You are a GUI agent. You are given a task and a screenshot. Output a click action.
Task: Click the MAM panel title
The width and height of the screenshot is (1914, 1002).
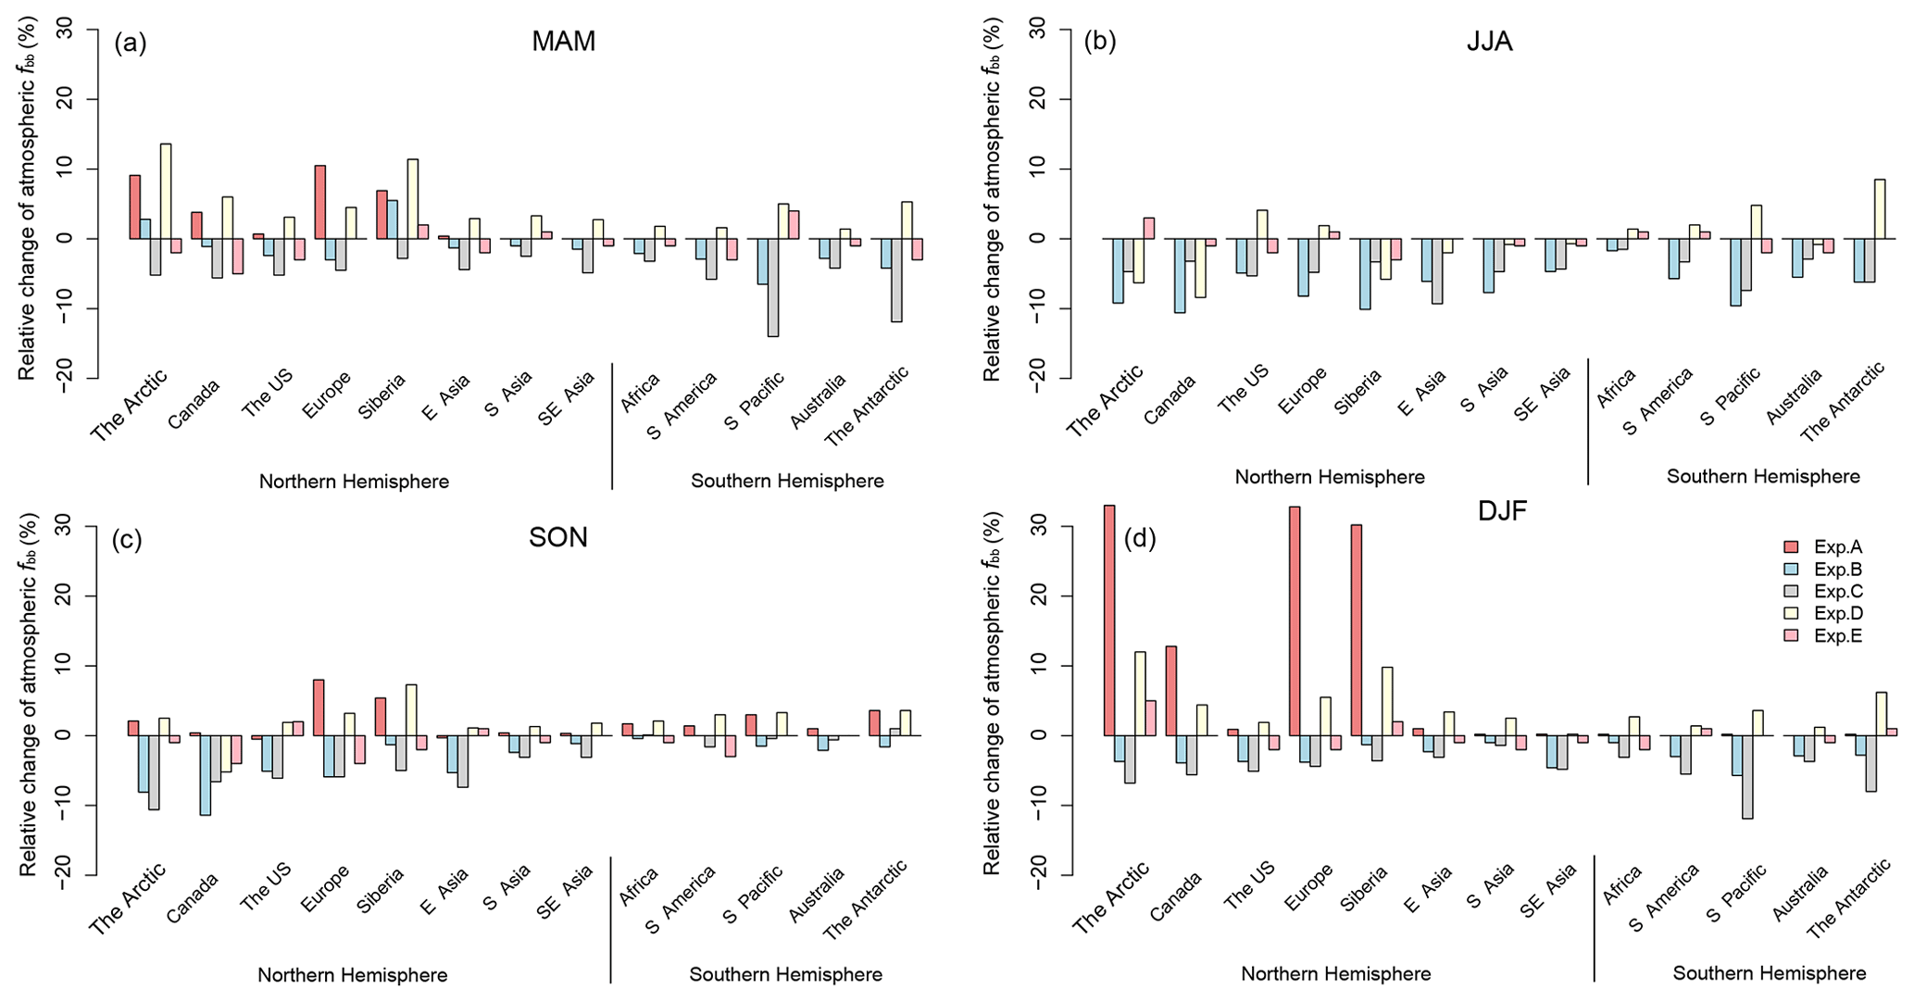563,42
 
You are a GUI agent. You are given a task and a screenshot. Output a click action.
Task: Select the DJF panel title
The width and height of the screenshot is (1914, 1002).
1502,511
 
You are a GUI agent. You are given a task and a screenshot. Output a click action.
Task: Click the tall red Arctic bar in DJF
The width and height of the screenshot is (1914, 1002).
1109,620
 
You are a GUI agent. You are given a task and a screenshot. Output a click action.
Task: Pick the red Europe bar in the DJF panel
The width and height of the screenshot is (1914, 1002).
1295,620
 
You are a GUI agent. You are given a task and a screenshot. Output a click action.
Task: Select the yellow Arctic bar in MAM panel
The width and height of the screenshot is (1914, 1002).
166,191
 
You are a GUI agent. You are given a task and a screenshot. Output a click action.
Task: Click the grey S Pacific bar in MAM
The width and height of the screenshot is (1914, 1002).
773,287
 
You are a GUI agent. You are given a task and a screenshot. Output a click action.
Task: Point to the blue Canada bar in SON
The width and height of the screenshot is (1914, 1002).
205,775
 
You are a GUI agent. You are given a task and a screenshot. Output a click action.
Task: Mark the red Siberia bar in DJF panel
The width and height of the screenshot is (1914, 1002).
1357,630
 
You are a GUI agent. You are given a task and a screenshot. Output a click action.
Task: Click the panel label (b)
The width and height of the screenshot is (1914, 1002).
1100,42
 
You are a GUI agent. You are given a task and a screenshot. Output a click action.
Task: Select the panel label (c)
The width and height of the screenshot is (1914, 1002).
127,540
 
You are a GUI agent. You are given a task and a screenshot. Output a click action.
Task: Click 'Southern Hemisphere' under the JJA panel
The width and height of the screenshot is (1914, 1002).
1763,477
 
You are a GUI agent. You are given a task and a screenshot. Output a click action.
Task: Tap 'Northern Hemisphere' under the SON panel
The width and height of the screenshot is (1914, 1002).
353,975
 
